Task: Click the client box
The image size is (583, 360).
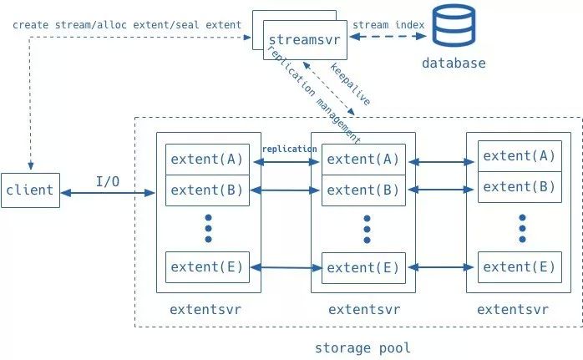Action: coord(29,190)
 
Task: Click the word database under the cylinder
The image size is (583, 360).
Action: coord(454,63)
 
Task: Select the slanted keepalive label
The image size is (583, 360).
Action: coord(350,84)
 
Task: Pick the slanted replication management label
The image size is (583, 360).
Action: coord(312,92)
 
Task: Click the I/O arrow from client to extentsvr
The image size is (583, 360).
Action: coord(109,194)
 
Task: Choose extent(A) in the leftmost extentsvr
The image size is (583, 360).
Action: coord(206,159)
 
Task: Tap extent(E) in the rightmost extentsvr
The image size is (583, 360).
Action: coord(519,266)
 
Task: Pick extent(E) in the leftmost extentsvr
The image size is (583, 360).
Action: coord(206,267)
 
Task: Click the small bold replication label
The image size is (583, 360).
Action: coord(289,149)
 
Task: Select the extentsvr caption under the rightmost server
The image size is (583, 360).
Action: coord(513,309)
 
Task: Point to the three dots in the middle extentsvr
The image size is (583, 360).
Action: coord(366,229)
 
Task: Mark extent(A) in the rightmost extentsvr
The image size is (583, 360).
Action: coord(519,155)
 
